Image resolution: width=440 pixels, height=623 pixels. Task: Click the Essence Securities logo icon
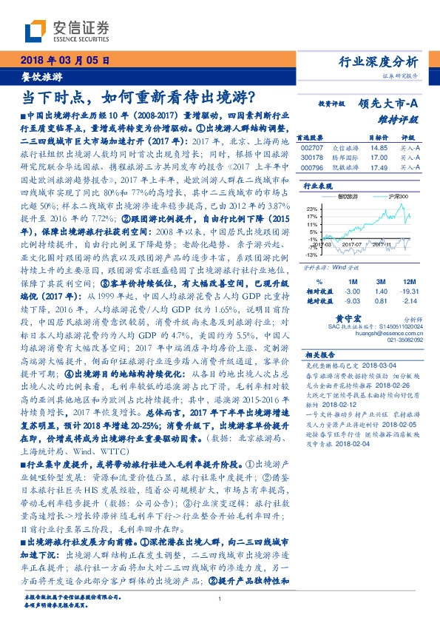tap(36, 31)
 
